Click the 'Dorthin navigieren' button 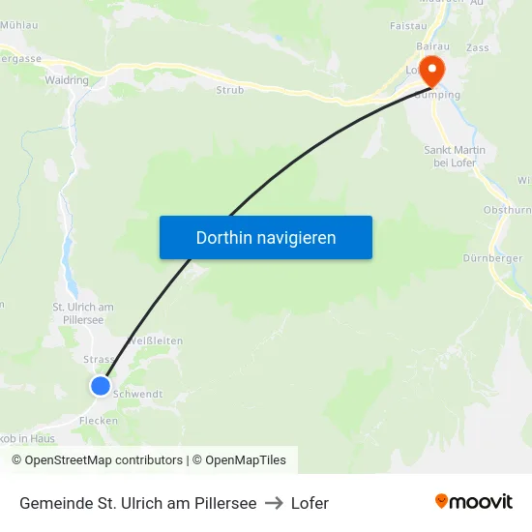tap(266, 237)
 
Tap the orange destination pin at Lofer tap(429, 71)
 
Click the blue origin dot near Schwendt tap(101, 386)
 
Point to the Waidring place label tap(66, 81)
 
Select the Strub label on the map tap(230, 89)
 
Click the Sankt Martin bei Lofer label tap(454, 156)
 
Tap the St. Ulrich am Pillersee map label tap(83, 313)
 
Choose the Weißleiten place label tap(155, 340)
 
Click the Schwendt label tap(138, 395)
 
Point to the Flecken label tap(99, 421)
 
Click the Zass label tap(477, 46)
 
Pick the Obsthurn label tap(507, 210)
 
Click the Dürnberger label tap(492, 258)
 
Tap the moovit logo tap(473, 501)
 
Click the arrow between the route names tap(274, 503)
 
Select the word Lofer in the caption tap(310, 503)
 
